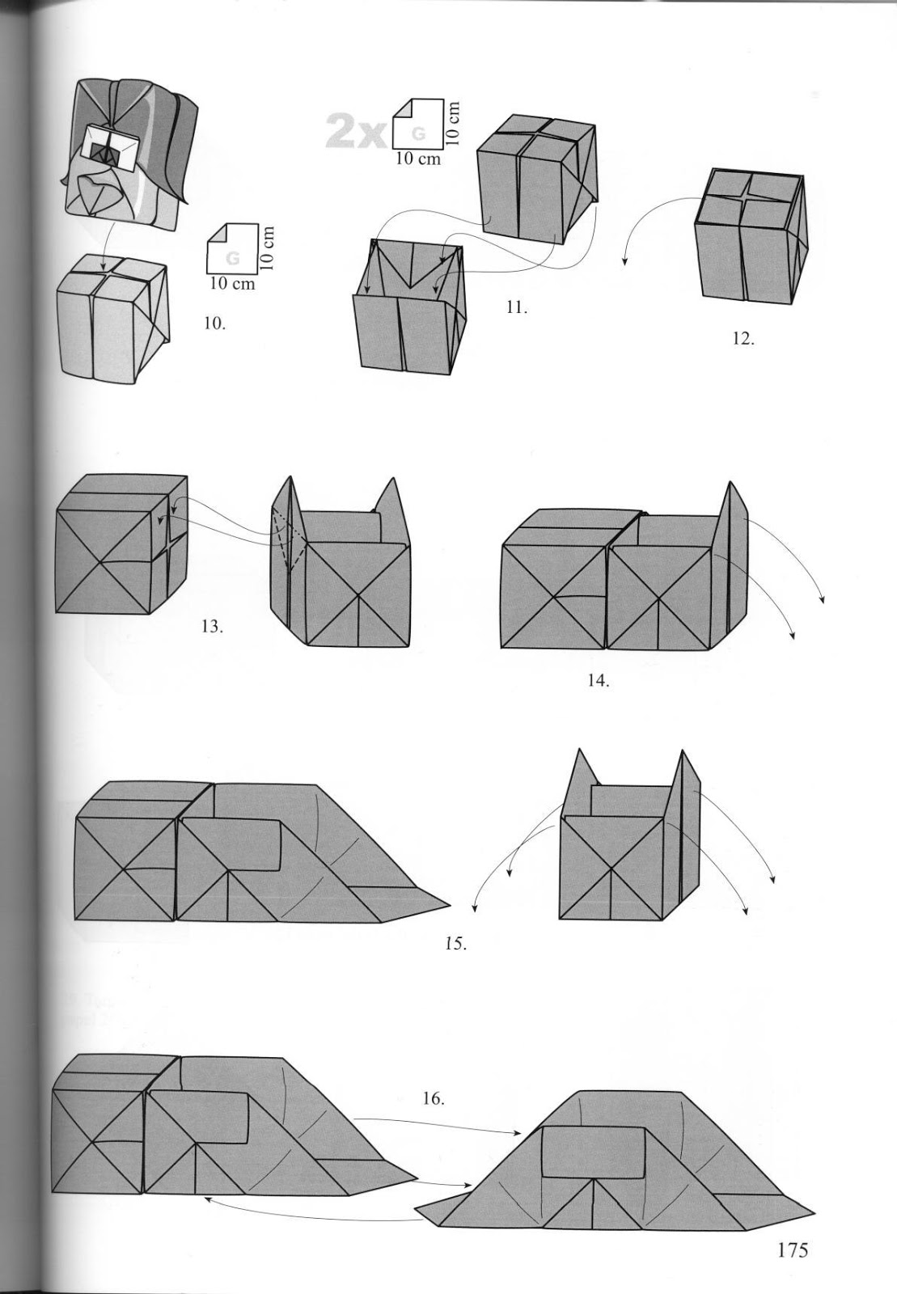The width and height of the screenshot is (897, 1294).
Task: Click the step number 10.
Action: point(215,323)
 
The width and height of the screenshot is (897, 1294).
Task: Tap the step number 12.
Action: point(743,339)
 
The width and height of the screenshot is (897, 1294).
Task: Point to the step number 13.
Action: point(212,627)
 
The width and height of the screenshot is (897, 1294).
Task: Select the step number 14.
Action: point(598,680)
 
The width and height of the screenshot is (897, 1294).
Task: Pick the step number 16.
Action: point(433,1099)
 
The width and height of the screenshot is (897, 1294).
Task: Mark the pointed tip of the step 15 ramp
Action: point(446,903)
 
